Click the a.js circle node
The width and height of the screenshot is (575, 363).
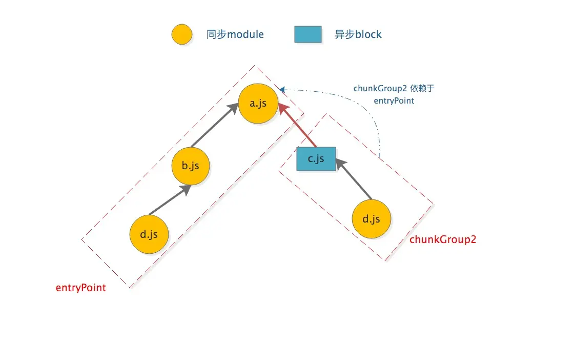(x=258, y=104)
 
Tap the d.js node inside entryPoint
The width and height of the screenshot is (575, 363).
(x=149, y=235)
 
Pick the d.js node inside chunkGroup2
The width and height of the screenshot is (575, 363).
(x=372, y=219)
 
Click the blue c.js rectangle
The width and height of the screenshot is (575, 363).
(x=316, y=159)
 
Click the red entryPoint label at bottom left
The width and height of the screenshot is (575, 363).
(x=80, y=288)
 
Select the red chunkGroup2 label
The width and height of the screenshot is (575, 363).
(x=443, y=239)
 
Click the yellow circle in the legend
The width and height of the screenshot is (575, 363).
(x=182, y=35)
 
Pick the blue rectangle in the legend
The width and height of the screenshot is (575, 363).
(x=308, y=34)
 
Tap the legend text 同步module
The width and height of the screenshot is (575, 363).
(x=235, y=35)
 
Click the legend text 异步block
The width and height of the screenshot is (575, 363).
(x=358, y=35)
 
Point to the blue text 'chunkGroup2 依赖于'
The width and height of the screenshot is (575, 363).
(x=394, y=88)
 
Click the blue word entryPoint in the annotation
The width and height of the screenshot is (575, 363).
(x=394, y=101)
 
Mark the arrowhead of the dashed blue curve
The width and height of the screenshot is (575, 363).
(x=282, y=90)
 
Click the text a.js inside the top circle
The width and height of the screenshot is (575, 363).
(x=258, y=104)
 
